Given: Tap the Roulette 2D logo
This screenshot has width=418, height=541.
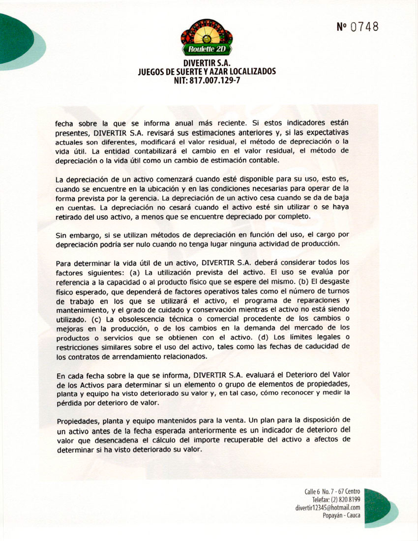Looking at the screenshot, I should [x=207, y=38].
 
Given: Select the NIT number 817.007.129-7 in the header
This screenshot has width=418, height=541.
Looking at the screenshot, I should [x=207, y=81].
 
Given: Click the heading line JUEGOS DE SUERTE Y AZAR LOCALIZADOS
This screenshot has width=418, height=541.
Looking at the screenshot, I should [x=207, y=72].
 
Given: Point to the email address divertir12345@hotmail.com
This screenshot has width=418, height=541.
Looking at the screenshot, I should [x=328, y=508].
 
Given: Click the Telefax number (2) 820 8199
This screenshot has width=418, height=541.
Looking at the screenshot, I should [x=336, y=500].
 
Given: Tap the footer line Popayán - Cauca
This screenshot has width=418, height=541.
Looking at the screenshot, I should [x=341, y=515].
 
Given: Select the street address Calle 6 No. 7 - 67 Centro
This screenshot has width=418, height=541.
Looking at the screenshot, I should [x=332, y=491].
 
